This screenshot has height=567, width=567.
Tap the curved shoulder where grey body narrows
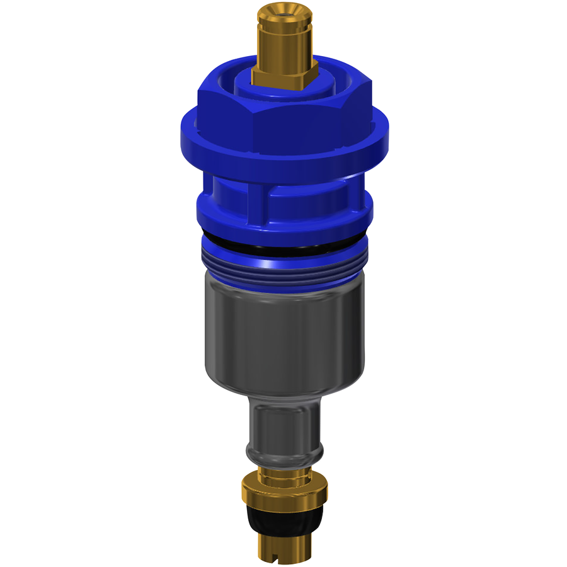[283, 391]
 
